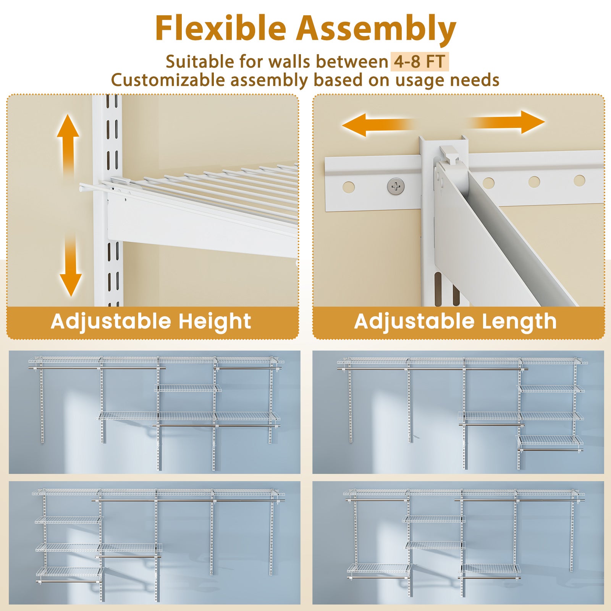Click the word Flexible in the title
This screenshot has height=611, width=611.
(x=221, y=29)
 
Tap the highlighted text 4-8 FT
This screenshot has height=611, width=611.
(x=419, y=62)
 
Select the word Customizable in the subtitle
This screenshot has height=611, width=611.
(x=168, y=81)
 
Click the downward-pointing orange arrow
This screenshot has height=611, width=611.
(x=71, y=267)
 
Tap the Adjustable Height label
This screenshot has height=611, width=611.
(x=151, y=321)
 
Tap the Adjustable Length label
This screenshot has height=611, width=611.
(x=455, y=321)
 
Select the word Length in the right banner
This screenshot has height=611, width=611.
(x=519, y=321)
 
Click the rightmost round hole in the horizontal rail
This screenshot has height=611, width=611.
(x=579, y=180)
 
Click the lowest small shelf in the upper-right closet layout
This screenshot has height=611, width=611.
(x=550, y=440)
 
